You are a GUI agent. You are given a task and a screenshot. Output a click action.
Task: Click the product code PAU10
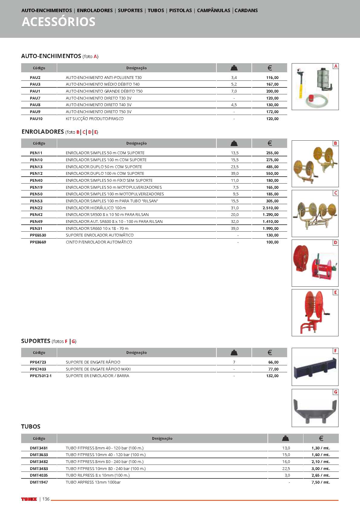36,119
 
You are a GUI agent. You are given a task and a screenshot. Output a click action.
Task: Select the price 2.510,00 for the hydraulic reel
271,208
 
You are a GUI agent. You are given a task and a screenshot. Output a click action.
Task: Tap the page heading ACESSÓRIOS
59,22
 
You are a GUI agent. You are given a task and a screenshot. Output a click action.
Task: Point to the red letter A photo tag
336,66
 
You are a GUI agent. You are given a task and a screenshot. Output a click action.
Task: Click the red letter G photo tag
336,392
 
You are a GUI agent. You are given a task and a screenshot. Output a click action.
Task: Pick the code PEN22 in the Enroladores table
36,208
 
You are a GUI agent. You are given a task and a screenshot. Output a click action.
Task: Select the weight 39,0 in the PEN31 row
235,228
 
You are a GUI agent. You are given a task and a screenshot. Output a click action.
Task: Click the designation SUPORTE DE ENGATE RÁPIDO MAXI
98,369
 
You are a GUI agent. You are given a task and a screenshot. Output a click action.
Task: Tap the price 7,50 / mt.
320,482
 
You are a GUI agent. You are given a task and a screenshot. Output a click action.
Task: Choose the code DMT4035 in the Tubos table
39,475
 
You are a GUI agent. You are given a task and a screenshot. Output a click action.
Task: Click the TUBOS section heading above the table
31,426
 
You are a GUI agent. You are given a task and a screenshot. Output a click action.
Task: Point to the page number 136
46,499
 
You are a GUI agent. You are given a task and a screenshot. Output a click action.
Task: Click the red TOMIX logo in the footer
29,499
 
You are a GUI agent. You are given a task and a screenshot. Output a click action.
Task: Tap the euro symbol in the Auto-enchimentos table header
270,68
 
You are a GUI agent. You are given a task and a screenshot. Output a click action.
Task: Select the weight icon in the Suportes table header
234,352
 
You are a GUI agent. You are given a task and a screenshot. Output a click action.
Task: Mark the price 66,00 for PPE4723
273,362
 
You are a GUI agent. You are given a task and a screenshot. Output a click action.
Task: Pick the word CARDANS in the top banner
246,10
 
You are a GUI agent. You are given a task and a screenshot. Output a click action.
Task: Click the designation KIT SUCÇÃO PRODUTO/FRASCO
95,119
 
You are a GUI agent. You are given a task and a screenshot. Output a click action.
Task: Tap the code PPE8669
38,242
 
